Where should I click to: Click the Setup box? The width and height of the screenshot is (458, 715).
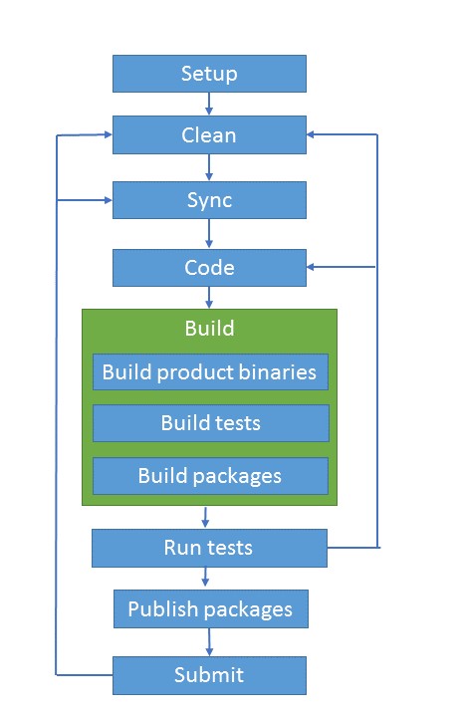[x=209, y=74]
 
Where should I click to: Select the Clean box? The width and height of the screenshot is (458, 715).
[x=209, y=134]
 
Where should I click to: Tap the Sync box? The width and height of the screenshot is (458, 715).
[x=209, y=200]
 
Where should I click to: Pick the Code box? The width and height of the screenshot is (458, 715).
[x=209, y=267]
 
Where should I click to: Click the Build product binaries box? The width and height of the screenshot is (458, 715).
[x=210, y=372]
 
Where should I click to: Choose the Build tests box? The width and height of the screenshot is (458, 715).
[x=210, y=423]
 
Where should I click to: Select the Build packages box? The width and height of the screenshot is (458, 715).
[x=210, y=476]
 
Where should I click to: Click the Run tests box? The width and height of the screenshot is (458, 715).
[x=209, y=548]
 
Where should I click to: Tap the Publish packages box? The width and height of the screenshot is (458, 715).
[x=209, y=608]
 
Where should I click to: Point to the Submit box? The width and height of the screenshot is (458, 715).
[x=209, y=675]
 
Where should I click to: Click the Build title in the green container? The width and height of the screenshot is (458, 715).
[x=209, y=328]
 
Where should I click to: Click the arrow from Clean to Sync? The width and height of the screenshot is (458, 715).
[x=209, y=167]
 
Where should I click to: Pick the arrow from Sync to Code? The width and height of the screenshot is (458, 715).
[x=209, y=234]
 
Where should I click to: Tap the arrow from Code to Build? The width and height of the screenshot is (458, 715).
[x=209, y=297]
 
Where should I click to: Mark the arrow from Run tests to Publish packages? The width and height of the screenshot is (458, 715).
[x=206, y=578]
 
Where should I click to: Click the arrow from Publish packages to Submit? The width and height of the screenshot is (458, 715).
[x=209, y=641]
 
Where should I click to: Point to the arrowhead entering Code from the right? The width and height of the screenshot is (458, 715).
[x=313, y=267]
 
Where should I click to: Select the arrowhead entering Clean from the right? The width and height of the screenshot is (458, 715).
[x=313, y=134]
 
